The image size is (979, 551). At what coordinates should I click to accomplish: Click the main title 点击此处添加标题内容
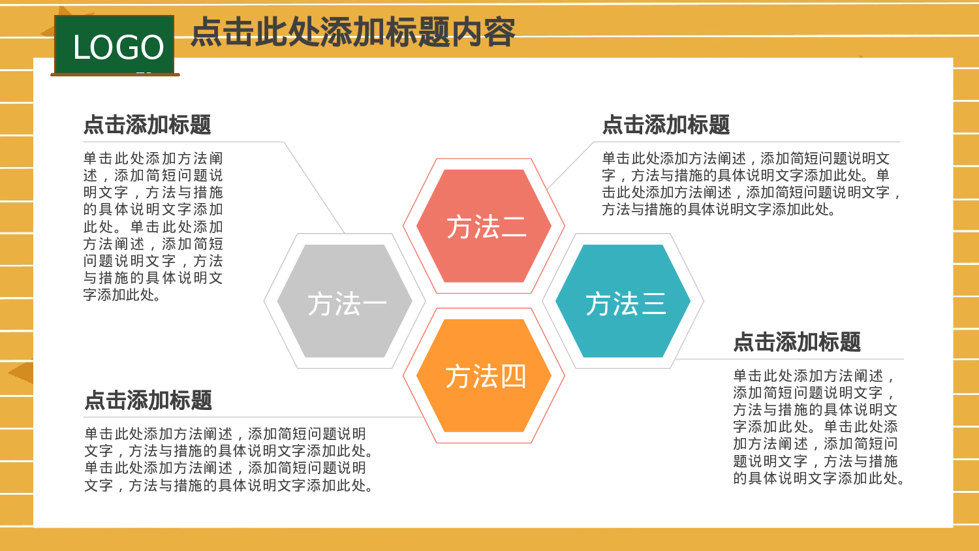(353, 32)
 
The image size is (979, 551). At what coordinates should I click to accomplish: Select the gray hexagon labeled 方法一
(345, 301)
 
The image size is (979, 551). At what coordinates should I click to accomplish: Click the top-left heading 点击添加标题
(148, 125)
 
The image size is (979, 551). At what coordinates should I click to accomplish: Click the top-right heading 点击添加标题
(666, 125)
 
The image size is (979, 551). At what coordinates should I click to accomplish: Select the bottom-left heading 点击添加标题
(148, 400)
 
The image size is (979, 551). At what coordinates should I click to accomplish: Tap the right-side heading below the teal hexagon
(797, 342)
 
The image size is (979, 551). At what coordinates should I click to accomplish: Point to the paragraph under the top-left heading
(153, 227)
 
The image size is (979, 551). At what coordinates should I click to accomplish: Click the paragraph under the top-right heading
(751, 184)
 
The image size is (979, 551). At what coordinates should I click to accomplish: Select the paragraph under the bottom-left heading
(228, 460)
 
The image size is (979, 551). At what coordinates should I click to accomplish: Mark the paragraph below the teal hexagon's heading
(818, 427)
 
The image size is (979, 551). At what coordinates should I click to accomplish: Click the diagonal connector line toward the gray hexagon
(315, 187)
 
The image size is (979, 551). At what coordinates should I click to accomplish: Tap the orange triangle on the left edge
(22, 373)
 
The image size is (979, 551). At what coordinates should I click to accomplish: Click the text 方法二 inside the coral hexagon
(486, 227)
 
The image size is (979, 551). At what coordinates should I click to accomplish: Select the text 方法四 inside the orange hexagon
(486, 377)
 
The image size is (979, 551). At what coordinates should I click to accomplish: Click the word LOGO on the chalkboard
(118, 47)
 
